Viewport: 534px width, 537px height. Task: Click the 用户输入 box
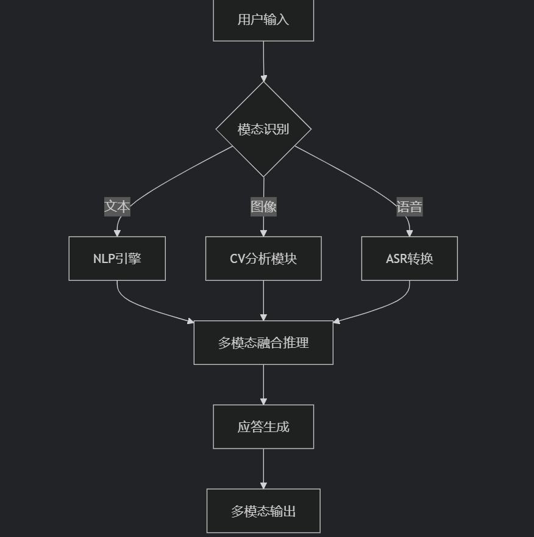[263, 20]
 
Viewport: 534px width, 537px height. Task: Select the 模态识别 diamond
[263, 129]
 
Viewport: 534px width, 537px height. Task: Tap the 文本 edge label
[117, 207]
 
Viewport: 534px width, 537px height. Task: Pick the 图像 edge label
[263, 207]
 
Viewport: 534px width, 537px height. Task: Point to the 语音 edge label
[410, 207]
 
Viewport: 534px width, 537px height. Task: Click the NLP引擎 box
[117, 259]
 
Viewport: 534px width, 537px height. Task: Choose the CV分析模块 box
[263, 259]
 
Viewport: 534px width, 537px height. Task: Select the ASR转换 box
[410, 259]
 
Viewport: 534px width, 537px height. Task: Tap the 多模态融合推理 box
[263, 343]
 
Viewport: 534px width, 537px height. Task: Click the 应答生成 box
[263, 427]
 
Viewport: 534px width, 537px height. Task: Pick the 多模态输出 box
[263, 511]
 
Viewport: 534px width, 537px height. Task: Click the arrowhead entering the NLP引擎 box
[117, 232]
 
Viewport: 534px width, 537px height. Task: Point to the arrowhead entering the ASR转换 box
[410, 232]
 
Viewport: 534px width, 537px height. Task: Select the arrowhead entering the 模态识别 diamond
[263, 78]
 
